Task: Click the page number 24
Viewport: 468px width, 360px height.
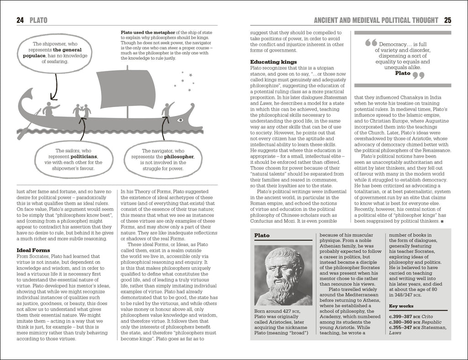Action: click(20, 20)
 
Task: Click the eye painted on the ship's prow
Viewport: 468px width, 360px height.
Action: click(180, 120)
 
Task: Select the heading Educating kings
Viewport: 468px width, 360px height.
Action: click(274, 61)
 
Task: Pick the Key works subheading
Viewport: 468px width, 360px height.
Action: click(401, 306)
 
